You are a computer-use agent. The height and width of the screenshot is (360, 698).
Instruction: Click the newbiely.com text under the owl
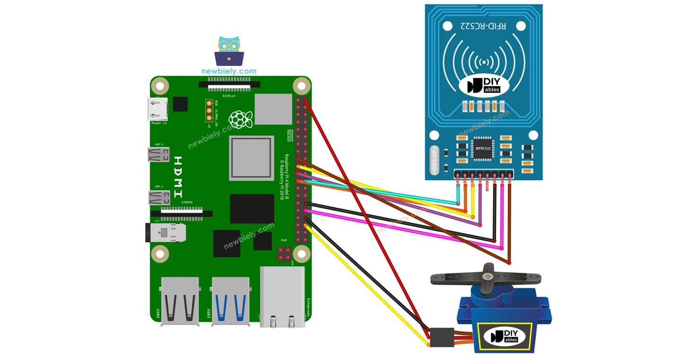point(229,71)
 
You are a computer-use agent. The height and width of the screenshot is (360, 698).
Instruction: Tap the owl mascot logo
point(229,51)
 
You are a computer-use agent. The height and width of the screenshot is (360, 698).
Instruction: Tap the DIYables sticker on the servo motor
point(505,335)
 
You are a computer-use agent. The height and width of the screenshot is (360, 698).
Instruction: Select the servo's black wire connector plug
point(442,337)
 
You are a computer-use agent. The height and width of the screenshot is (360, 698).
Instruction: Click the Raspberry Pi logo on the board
point(241,119)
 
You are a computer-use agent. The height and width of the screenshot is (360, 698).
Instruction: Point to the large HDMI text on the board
point(178,177)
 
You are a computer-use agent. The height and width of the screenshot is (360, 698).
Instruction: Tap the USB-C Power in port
point(158,109)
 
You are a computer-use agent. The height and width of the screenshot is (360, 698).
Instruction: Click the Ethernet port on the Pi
point(282,296)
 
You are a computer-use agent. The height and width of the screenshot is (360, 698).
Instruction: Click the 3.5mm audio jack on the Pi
point(165,232)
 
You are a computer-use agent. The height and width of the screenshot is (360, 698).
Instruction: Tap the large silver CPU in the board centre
point(252,158)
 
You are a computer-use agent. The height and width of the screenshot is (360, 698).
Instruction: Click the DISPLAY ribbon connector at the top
point(230,85)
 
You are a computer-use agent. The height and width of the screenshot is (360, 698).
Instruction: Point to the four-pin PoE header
point(284,255)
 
